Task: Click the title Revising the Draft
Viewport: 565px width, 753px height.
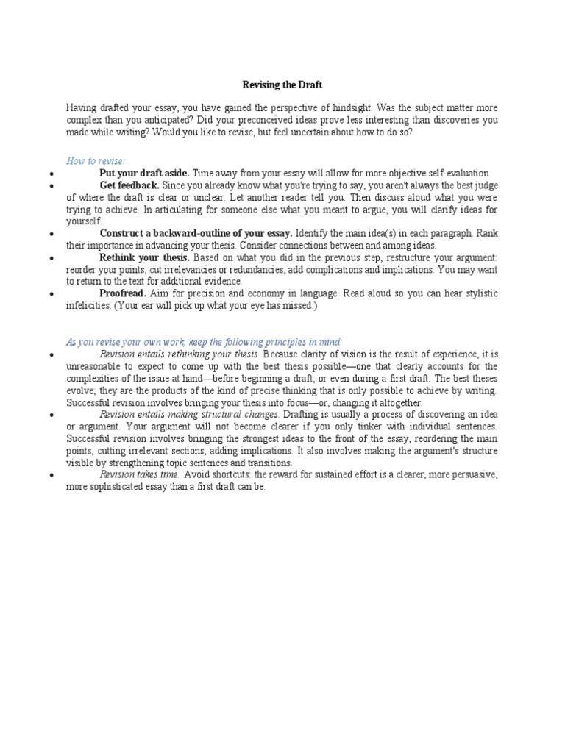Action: pos(282,85)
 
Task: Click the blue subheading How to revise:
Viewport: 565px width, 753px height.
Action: pos(96,161)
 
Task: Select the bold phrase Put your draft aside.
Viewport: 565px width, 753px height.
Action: pos(144,173)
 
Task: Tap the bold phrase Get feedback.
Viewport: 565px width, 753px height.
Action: pos(129,185)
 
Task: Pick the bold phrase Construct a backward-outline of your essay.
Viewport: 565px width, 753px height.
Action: pos(196,233)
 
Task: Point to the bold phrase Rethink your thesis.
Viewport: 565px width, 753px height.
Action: pos(145,257)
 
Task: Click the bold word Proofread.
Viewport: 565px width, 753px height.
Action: pos(122,293)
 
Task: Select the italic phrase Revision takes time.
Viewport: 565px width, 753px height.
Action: pos(140,474)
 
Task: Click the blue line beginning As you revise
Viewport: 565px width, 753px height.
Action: pos(205,342)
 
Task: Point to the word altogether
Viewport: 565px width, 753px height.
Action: pos(401,402)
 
